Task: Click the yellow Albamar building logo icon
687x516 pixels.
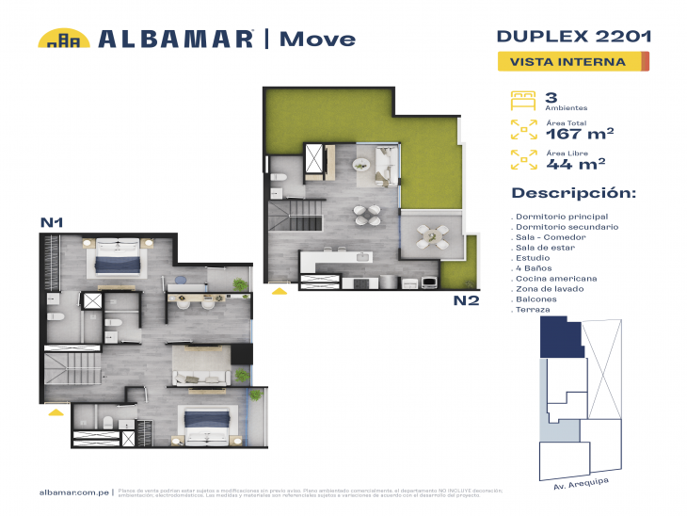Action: click(64, 39)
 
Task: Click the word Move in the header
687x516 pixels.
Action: click(319, 39)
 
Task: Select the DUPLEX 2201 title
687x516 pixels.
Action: click(573, 37)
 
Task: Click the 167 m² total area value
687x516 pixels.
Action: click(580, 134)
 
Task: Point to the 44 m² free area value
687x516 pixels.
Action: click(575, 164)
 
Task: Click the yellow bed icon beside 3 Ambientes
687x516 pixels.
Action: click(522, 99)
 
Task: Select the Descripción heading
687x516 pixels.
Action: click(573, 193)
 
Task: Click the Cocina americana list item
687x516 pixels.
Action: click(555, 279)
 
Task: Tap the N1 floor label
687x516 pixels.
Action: click(51, 222)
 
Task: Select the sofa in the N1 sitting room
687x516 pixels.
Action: click(199, 378)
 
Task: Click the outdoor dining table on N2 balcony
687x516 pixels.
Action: click(431, 234)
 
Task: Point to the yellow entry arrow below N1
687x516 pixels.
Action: click(56, 411)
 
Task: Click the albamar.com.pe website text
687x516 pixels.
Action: click(75, 492)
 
